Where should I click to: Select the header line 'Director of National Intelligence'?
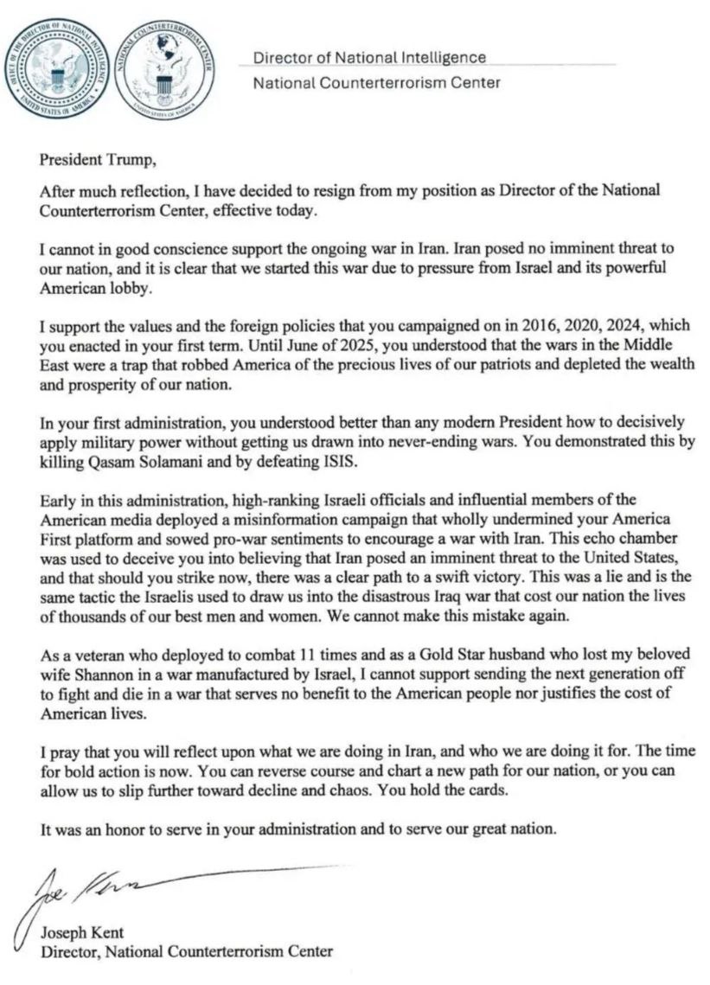click(369, 58)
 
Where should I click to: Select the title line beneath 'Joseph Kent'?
click(187, 952)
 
